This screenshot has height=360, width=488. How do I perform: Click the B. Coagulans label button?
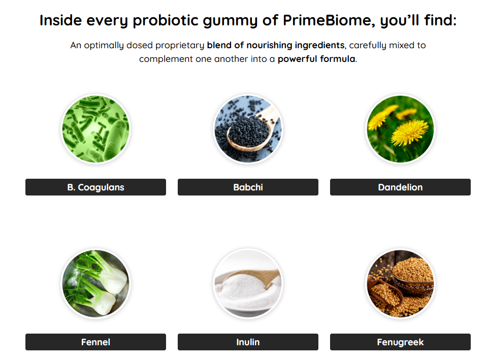[95, 187]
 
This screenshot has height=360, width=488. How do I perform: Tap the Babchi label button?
[248, 187]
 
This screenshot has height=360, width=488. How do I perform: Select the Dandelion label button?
[400, 187]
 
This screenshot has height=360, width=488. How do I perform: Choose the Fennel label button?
[95, 342]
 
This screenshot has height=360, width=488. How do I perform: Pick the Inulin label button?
[248, 342]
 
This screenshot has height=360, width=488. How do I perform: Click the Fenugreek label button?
[400, 342]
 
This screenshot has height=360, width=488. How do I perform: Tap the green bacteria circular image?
[95, 129]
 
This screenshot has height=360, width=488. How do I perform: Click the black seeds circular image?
[248, 129]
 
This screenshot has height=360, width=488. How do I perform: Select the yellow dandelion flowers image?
[400, 129]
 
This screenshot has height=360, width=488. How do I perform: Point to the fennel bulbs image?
[95, 283]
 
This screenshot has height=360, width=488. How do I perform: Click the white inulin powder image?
[248, 283]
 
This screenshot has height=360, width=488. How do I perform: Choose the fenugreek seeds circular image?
[400, 283]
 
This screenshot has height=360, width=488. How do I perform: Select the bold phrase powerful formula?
[316, 59]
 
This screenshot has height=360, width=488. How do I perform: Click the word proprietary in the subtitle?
[179, 46]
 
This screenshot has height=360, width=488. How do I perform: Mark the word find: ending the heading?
[440, 20]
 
